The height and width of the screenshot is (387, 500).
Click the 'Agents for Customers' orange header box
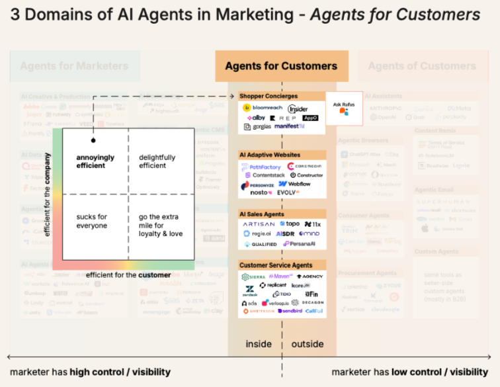281,65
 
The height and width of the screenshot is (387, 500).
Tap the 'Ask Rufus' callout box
344,107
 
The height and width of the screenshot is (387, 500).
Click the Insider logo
298,108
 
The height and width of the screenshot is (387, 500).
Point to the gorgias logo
257,126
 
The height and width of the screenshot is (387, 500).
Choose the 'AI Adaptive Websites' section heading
270,155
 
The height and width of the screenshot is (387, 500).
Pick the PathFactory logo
261,167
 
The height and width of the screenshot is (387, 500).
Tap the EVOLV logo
289,192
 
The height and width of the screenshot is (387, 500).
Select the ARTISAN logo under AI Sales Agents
259,225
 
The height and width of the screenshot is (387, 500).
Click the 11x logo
313,225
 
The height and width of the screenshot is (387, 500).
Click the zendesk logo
250,291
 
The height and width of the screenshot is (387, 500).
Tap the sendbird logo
288,310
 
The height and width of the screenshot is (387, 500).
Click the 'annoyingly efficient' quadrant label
95,161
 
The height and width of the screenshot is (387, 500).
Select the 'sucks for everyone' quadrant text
91,222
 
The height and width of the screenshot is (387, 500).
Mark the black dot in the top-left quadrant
93,140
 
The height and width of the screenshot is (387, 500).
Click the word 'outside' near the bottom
308,344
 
